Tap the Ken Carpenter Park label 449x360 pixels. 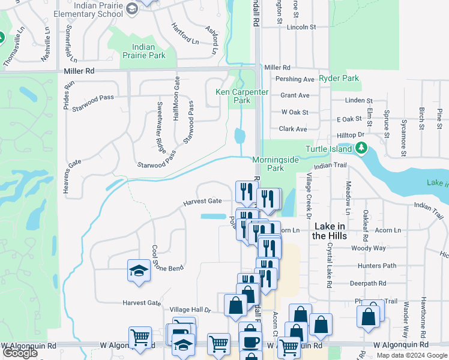click(233, 96)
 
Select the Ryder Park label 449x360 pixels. click(339, 78)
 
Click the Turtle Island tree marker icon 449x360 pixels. click(361, 148)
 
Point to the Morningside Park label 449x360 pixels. click(276, 164)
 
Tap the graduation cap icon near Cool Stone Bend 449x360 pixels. click(139, 271)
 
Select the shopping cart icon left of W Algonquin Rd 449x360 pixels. click(140, 337)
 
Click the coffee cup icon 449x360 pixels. click(250, 341)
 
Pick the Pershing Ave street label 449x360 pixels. click(295, 79)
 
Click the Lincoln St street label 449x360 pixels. click(301, 27)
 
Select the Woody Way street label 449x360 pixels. click(369, 248)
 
